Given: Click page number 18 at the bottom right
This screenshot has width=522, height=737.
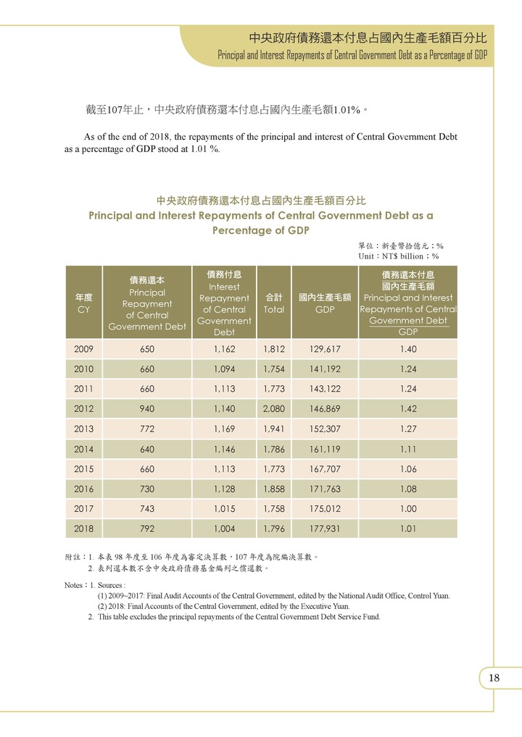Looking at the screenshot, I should [494, 678].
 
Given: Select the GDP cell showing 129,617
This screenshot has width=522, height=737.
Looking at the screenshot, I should [324, 349].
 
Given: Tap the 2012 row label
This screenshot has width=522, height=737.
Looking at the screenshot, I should [83, 408].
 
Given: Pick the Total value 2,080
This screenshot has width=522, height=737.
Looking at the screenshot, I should [274, 408].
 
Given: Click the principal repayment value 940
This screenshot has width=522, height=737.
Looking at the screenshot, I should [147, 408].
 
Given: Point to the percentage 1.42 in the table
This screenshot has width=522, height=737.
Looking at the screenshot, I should [407, 408].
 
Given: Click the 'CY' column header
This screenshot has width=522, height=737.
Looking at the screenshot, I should [83, 309].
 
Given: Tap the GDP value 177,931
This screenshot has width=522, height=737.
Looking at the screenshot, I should [324, 528].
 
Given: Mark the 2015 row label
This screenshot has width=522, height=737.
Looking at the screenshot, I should [83, 468].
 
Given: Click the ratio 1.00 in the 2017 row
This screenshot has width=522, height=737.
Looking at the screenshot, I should [407, 508].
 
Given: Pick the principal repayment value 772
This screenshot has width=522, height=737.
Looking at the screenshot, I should [147, 429].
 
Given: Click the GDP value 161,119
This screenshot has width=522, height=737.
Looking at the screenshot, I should [324, 449].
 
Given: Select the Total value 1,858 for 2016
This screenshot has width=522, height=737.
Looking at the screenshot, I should [274, 489].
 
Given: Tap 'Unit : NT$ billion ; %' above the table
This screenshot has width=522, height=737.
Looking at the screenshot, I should [398, 256].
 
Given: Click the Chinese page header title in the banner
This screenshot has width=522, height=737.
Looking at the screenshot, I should [367, 38].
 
